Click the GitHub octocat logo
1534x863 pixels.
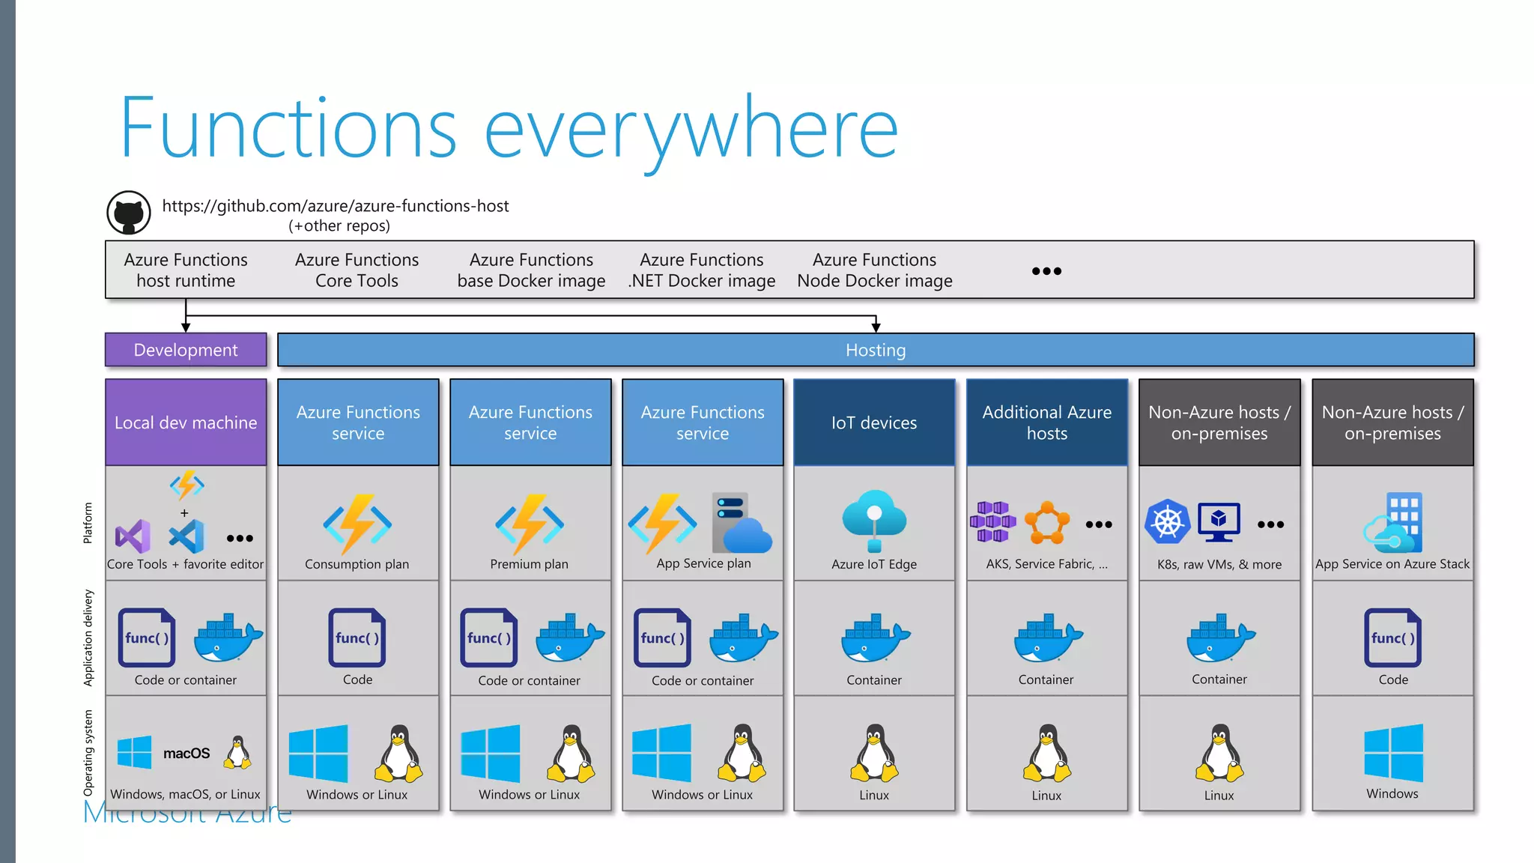click(x=129, y=213)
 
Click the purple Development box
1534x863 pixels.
click(x=186, y=350)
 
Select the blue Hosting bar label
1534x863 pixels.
click(x=875, y=350)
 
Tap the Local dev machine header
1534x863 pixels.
click(x=186, y=423)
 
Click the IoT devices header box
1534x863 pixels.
click(x=874, y=423)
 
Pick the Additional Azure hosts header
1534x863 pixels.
click(x=1046, y=423)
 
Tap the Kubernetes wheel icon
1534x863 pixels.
click(x=1167, y=521)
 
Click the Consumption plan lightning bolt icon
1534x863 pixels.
click(x=357, y=524)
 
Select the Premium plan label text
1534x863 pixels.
click(x=529, y=564)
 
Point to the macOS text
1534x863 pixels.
click(x=187, y=753)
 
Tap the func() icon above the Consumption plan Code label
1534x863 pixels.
click(x=357, y=638)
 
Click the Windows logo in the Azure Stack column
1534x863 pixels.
click(x=1393, y=753)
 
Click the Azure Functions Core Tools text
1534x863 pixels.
click(x=357, y=270)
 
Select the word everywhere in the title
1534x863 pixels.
click(x=691, y=129)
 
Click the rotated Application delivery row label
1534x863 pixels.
click(x=88, y=638)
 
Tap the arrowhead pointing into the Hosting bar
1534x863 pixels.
click(x=876, y=327)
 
